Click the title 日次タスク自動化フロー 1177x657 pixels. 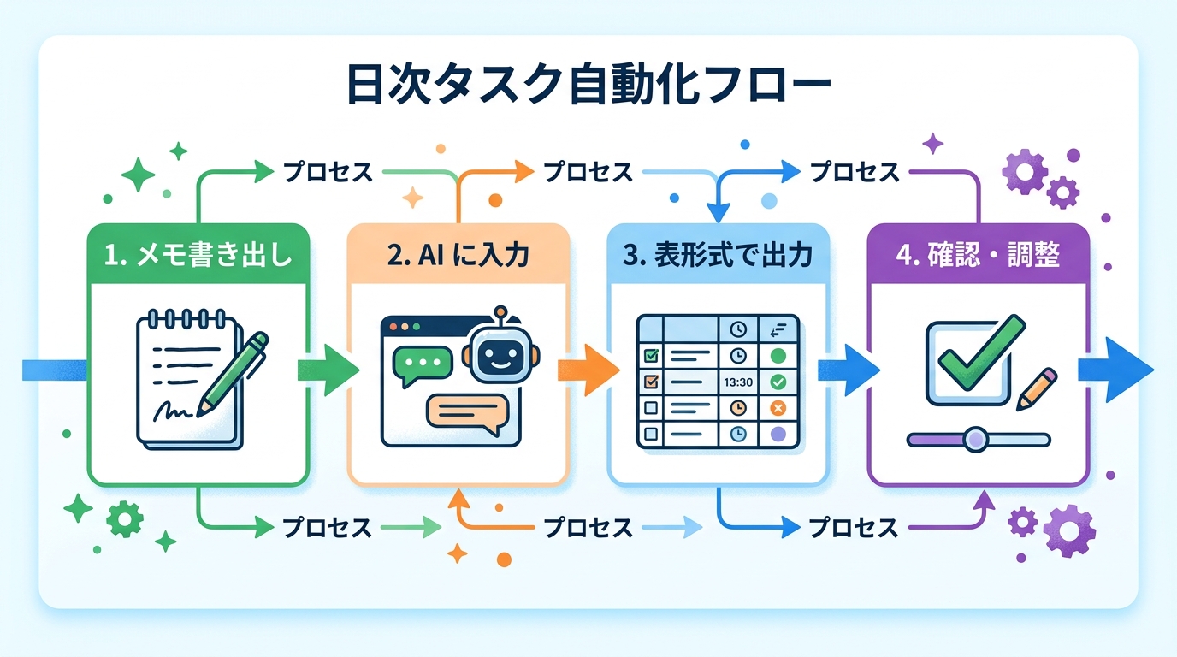tap(588, 86)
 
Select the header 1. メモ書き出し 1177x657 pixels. tap(198, 255)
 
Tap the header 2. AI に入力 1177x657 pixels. tap(458, 255)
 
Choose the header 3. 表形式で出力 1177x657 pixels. tap(718, 255)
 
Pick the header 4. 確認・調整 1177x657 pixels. tap(979, 255)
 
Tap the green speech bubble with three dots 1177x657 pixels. tap(421, 364)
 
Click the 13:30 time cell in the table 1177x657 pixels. tap(736, 382)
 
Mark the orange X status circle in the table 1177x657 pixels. tap(778, 408)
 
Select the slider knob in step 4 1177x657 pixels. tap(974, 439)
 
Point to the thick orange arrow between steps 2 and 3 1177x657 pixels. tap(588, 370)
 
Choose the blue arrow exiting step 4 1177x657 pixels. tap(1115, 370)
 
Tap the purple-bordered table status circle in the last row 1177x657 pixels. tap(778, 434)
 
